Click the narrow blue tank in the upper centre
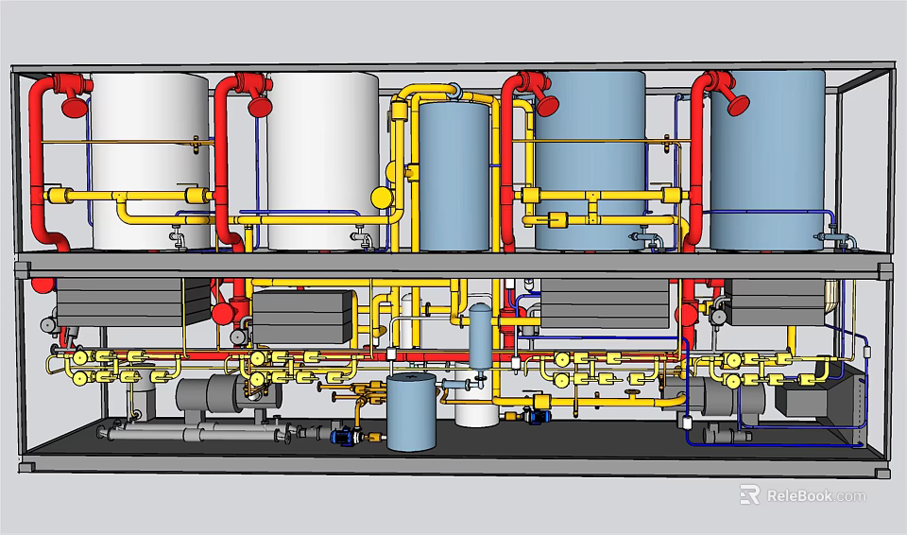453,175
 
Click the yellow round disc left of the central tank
380,198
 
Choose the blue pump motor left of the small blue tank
342,436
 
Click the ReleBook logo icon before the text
750,495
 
